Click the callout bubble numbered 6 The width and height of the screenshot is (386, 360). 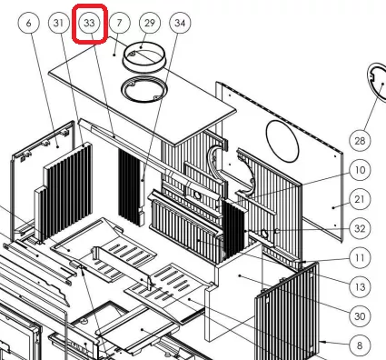pyautogui.click(x=29, y=23)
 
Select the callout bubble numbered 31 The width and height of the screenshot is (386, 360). pyautogui.click(x=59, y=23)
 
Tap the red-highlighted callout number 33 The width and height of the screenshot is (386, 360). pyautogui.click(x=89, y=23)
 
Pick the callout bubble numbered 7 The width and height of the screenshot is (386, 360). pyautogui.click(x=120, y=23)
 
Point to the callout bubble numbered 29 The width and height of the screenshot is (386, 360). pyautogui.click(x=150, y=23)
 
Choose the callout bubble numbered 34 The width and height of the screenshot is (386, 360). pyautogui.click(x=180, y=23)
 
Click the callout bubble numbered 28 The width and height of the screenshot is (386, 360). pyautogui.click(x=360, y=141)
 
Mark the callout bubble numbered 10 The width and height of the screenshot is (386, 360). pyautogui.click(x=360, y=170)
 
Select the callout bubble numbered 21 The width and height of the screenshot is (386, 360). pyautogui.click(x=360, y=199)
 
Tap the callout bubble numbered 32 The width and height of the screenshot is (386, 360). pyautogui.click(x=360, y=228)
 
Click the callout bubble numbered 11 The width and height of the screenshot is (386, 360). pyautogui.click(x=360, y=258)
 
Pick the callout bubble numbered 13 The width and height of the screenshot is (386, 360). pyautogui.click(x=360, y=287)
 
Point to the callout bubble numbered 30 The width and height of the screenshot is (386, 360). pyautogui.click(x=360, y=316)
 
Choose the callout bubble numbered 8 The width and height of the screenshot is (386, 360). pyautogui.click(x=360, y=345)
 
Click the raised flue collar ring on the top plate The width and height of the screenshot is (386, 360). pyautogui.click(x=144, y=67)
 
